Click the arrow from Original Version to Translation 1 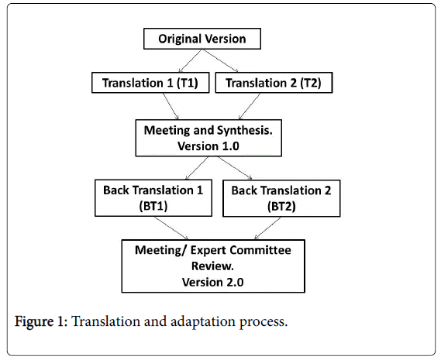[x=191, y=60]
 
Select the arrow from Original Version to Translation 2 [x=220, y=60]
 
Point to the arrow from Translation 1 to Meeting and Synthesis [x=171, y=106]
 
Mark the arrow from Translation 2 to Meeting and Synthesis [x=250, y=106]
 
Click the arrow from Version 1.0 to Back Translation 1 [x=197, y=168]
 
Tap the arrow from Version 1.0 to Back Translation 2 [x=235, y=168]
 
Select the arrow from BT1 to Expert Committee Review [x=171, y=228]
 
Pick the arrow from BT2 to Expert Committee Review [x=267, y=228]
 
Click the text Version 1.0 [x=208, y=146]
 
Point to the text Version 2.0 [x=213, y=282]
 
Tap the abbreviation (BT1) [x=153, y=206]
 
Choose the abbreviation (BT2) [x=281, y=207]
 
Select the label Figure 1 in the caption [x=41, y=321]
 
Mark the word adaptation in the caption [x=203, y=321]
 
